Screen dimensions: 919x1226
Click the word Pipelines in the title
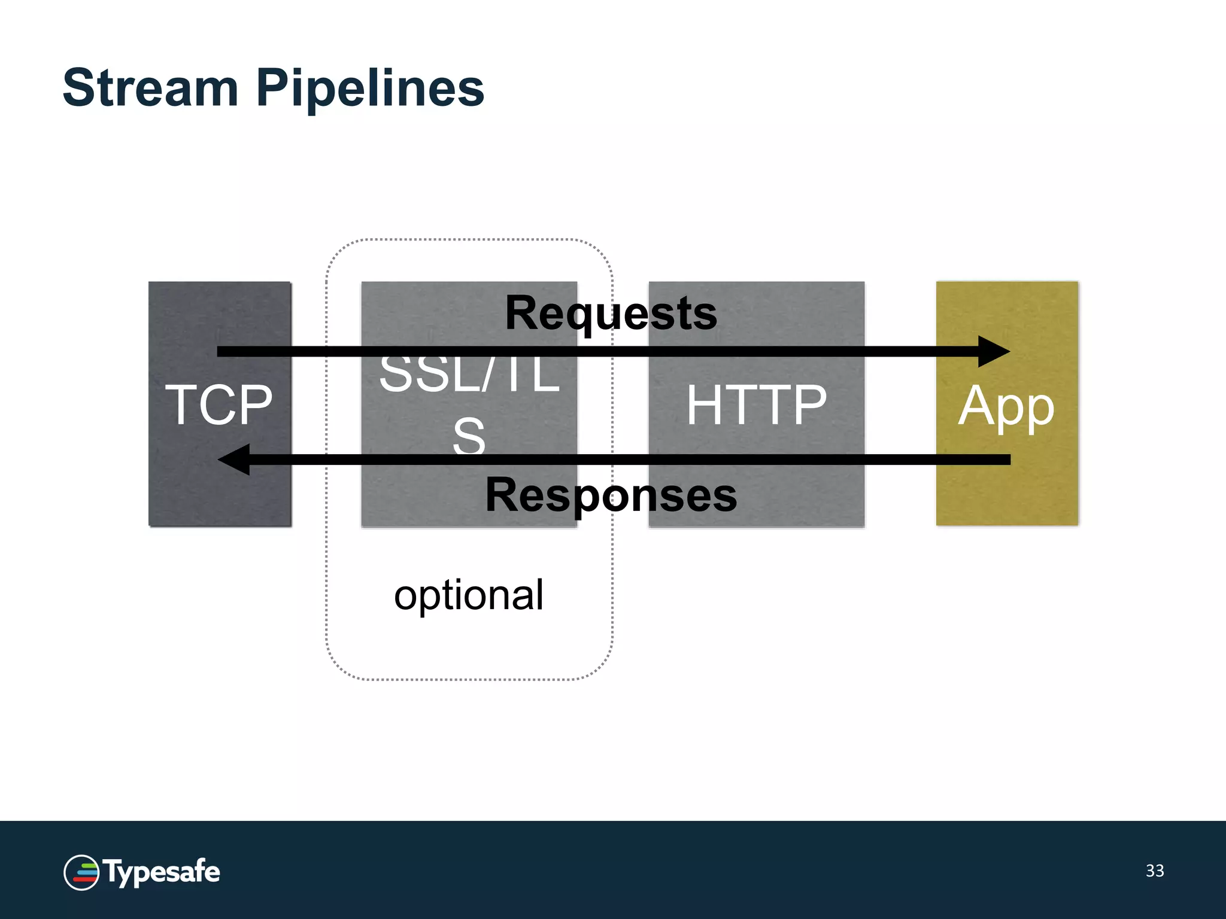pyautogui.click(x=370, y=89)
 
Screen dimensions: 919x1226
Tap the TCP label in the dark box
pyautogui.click(x=219, y=406)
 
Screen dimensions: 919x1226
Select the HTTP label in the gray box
pyautogui.click(x=756, y=406)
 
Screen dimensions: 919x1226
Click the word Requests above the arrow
pyautogui.click(x=611, y=313)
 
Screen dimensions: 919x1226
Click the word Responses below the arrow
pyautogui.click(x=611, y=495)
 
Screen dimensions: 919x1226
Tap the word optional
pyautogui.click(x=469, y=595)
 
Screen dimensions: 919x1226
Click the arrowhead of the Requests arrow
pyautogui.click(x=994, y=351)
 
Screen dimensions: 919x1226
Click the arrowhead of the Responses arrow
pyautogui.click(x=235, y=459)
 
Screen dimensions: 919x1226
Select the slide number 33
pyautogui.click(x=1155, y=871)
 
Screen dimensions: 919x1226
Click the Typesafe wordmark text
pyautogui.click(x=162, y=872)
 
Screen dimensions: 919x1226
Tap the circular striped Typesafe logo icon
pyautogui.click(x=81, y=872)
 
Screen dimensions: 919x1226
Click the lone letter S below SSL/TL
pyautogui.click(x=469, y=436)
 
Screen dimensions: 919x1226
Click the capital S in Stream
pyautogui.click(x=80, y=89)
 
